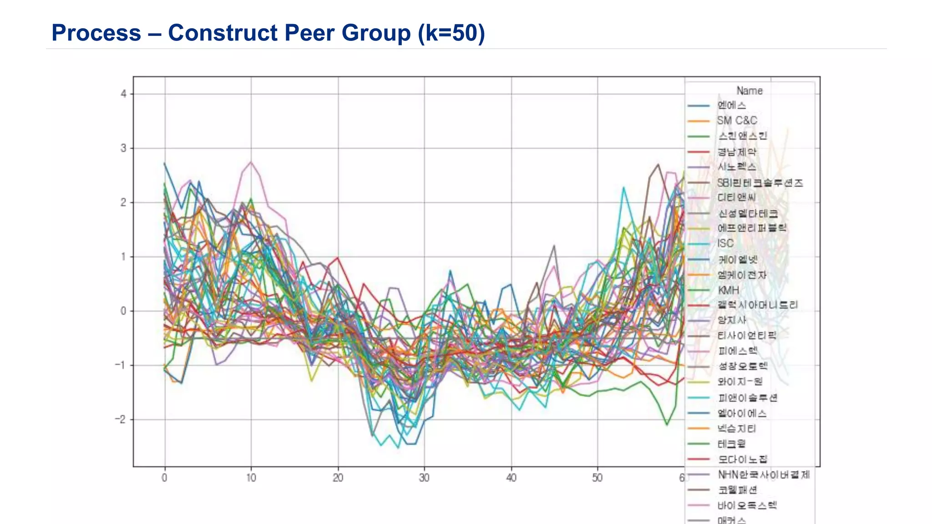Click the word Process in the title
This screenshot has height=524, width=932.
pos(96,33)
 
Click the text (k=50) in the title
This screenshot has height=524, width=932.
pos(451,33)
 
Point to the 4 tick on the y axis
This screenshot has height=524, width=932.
pos(123,94)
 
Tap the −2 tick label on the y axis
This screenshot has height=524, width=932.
pos(121,419)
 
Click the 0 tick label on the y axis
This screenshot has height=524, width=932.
pos(123,311)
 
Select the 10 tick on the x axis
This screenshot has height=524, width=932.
pos(251,478)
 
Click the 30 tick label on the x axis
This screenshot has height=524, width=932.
pos(424,478)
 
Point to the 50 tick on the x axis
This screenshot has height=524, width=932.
pos(598,478)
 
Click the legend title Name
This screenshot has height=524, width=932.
pos(750,91)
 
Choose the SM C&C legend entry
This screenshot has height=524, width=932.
pos(737,121)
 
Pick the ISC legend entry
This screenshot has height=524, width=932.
pos(725,243)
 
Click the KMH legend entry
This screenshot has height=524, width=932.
pos(728,290)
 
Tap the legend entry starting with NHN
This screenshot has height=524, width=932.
pos(764,474)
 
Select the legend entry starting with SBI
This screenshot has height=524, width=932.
pos(760,183)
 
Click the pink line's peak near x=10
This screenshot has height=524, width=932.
pos(251,161)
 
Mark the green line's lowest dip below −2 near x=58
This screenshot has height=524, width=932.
pos(667,425)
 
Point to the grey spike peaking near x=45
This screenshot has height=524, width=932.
pos(554,246)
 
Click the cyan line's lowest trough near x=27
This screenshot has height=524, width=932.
pos(398,448)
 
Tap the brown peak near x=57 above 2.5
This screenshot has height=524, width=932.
pos(658,164)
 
